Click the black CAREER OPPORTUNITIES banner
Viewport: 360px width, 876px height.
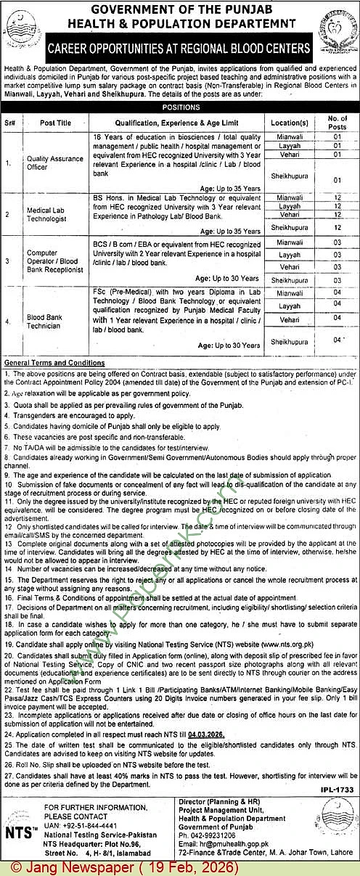tap(179, 50)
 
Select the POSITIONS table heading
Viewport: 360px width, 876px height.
tap(180, 106)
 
